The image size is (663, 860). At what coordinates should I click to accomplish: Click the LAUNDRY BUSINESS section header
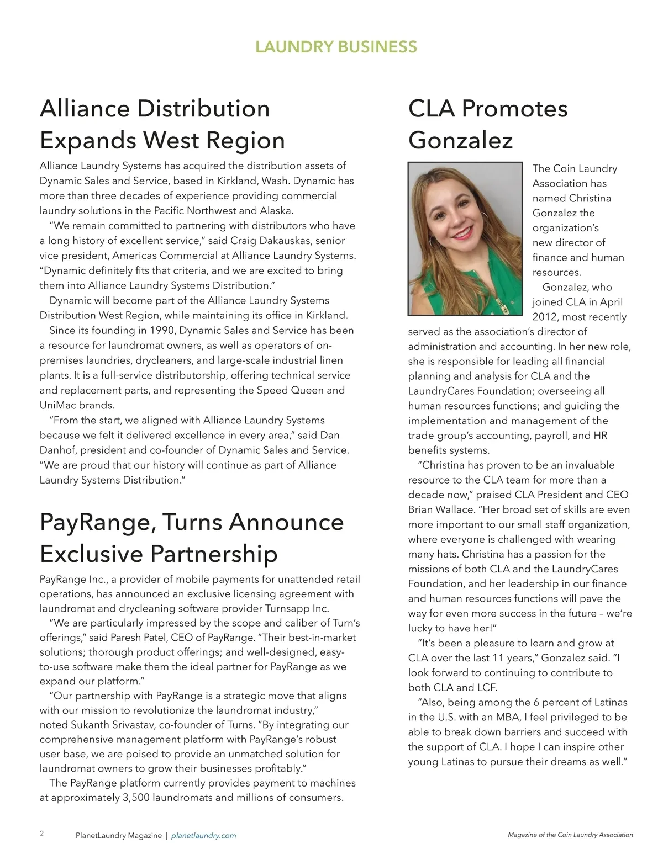(x=336, y=47)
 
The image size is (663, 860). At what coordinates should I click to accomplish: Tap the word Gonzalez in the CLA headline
(x=460, y=140)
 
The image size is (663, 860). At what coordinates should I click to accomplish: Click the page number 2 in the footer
(x=42, y=833)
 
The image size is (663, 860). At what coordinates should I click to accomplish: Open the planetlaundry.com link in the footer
(x=204, y=836)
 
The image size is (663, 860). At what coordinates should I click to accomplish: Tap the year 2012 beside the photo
(x=544, y=317)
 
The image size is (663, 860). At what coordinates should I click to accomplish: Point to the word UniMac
(x=56, y=405)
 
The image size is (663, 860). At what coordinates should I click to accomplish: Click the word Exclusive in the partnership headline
(x=91, y=554)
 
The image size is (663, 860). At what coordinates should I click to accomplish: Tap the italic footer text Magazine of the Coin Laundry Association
(x=570, y=835)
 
